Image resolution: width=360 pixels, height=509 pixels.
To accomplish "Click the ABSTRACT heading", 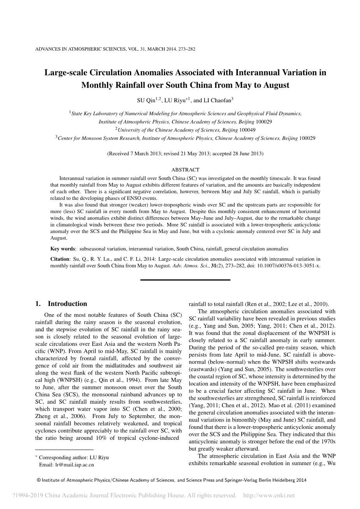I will pos(185,170).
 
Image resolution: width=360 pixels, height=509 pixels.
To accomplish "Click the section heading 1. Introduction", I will pos(61,304).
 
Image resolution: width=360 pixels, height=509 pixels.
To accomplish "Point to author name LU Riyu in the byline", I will pos(174,100).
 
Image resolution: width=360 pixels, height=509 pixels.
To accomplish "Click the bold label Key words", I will pos(63,249).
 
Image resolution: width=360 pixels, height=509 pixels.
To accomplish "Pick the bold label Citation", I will pos(60,259).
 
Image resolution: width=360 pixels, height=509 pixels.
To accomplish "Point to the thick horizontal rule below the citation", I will pos(185,280).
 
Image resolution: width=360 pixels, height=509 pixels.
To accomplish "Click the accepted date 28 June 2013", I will pos(248,154).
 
